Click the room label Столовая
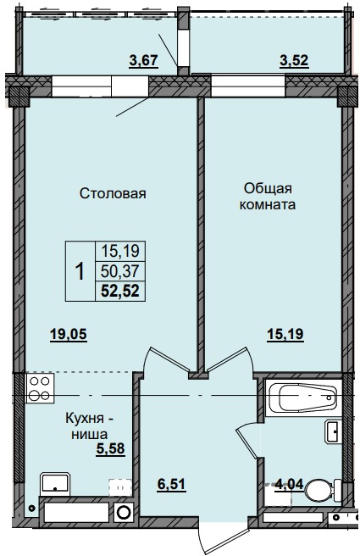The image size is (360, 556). pos(113,193)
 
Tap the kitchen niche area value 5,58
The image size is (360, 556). pos(109,448)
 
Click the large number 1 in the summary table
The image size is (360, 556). pos(80,271)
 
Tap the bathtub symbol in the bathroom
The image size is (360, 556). pos(301,398)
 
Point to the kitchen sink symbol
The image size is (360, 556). pos(55,483)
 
